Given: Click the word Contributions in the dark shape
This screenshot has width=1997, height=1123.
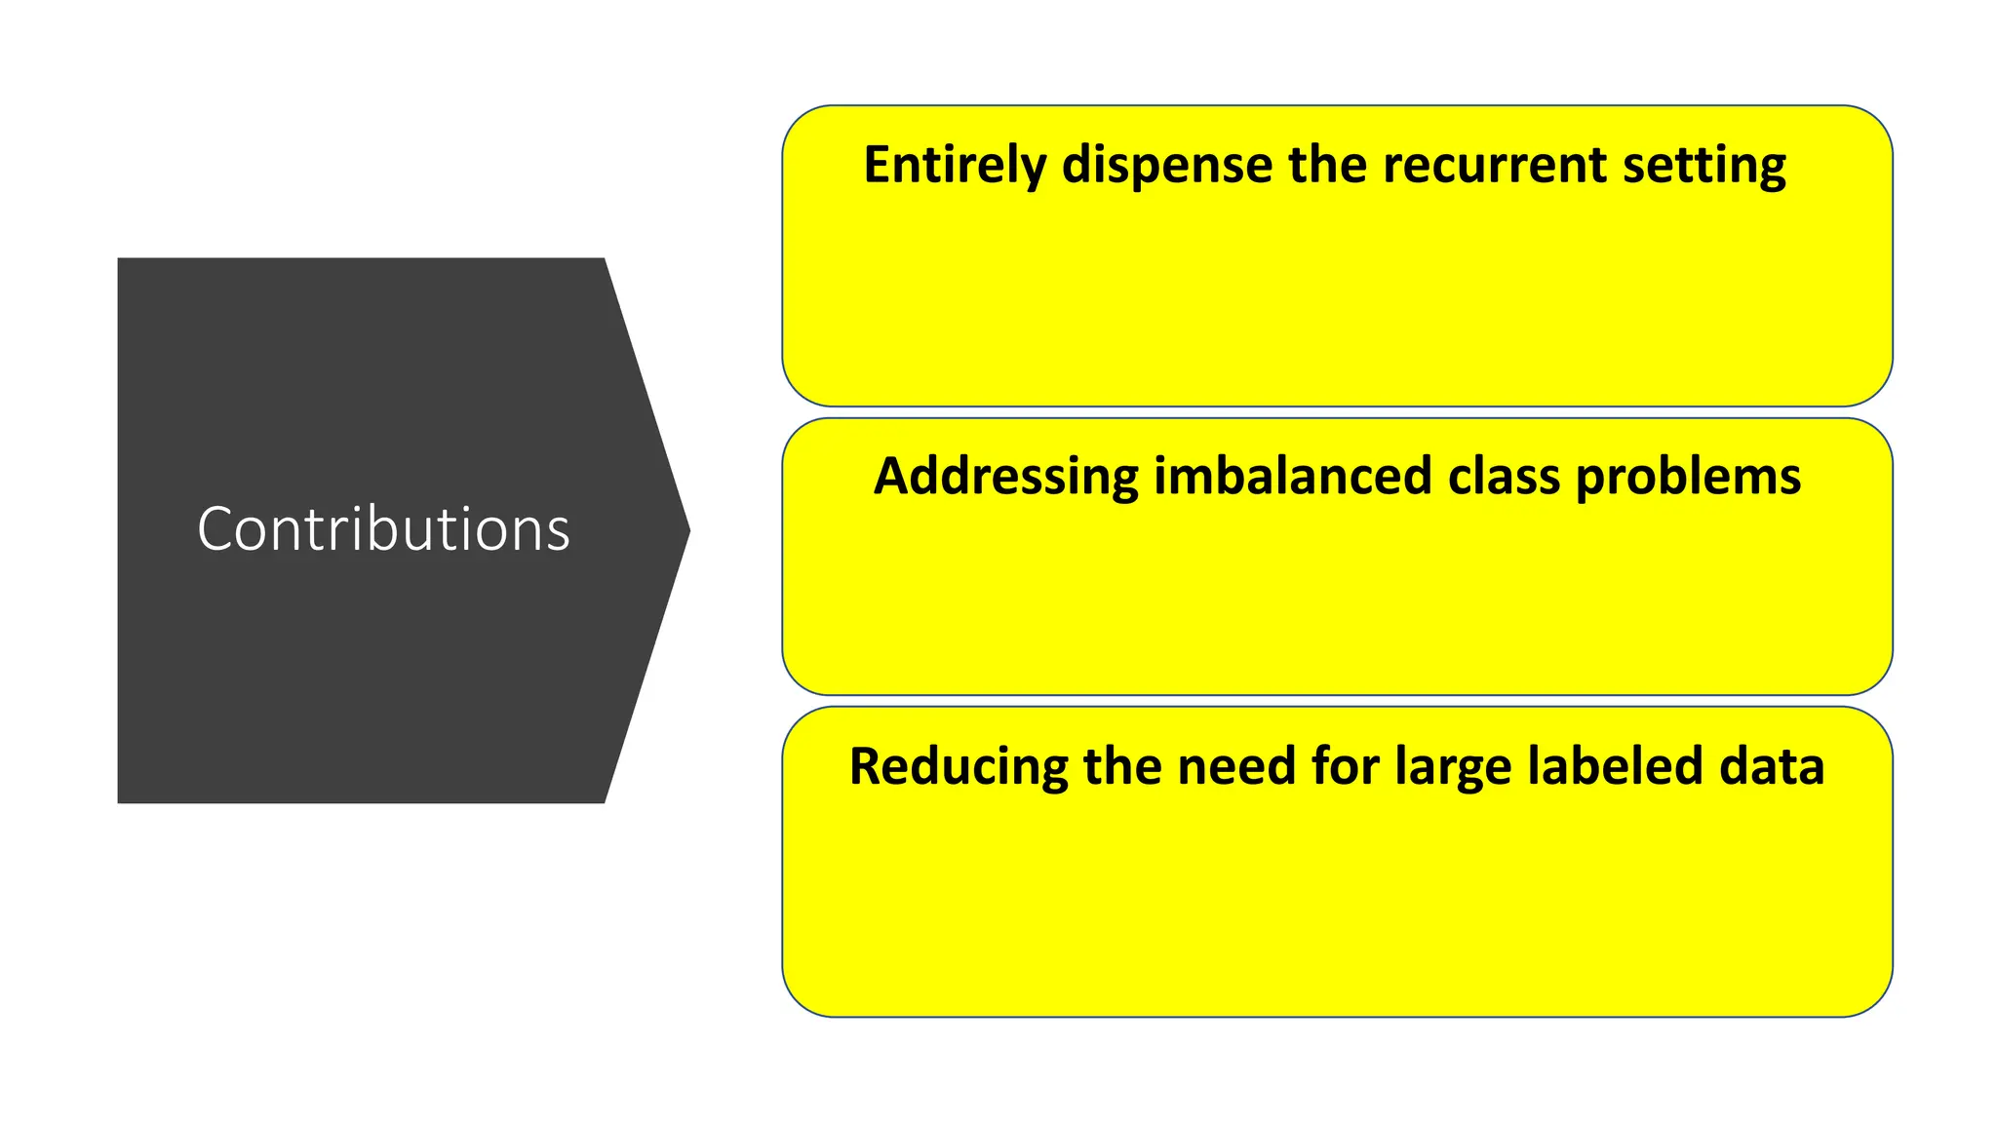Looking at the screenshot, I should click(x=383, y=529).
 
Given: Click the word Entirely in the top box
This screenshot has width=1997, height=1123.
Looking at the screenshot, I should click(x=954, y=166).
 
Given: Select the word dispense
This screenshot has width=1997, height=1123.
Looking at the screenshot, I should click(x=1166, y=166).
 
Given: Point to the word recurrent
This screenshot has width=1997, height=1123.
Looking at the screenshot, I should click(x=1493, y=164).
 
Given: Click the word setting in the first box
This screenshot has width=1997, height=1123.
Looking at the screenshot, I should click(x=1703, y=166).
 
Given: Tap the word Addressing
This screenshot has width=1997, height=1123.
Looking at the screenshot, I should click(x=1005, y=478).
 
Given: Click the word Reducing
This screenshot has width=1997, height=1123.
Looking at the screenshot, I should click(x=958, y=767).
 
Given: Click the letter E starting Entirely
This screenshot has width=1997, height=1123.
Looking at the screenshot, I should click(x=877, y=165).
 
